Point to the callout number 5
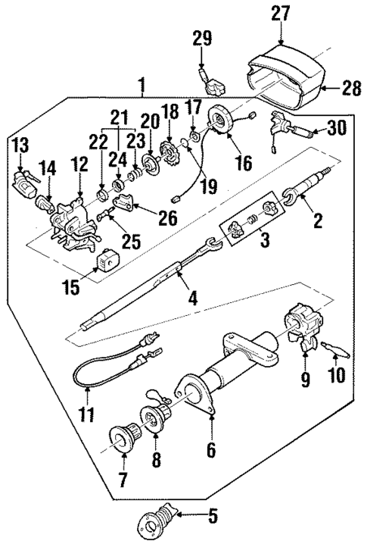click(x=213, y=517)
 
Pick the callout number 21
click(x=117, y=119)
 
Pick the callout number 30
click(x=335, y=128)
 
